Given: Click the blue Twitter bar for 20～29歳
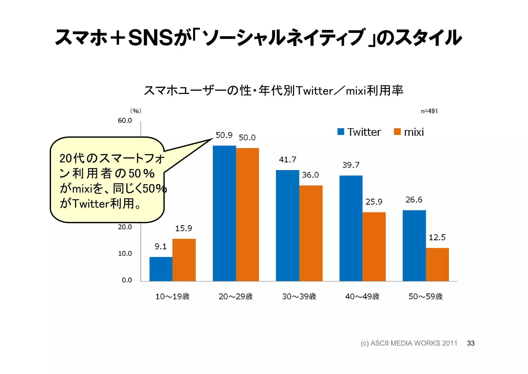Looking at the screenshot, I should tap(224, 213).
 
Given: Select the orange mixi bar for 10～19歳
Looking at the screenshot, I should tap(184, 260).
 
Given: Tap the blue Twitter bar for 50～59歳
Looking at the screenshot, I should tap(414, 245).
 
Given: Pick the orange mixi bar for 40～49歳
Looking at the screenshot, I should tap(374, 246).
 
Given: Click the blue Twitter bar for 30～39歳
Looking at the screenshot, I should tap(287, 225).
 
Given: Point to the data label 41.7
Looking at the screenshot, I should tap(287, 160).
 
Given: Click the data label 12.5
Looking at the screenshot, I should tap(437, 237).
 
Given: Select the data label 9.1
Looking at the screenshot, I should tap(160, 246).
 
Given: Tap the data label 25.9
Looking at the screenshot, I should tap(374, 202).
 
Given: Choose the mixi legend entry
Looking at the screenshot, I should tap(409, 132).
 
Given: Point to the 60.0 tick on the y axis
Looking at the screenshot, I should tap(125, 121).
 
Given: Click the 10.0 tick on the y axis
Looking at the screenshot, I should tap(125, 254).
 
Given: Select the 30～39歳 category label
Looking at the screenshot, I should tap(299, 296).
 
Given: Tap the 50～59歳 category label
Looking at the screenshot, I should tap(425, 296).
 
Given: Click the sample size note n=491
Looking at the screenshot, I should tap(429, 111).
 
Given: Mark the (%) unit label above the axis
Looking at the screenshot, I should tap(136, 111).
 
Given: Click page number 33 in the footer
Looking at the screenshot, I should tap(471, 343).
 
